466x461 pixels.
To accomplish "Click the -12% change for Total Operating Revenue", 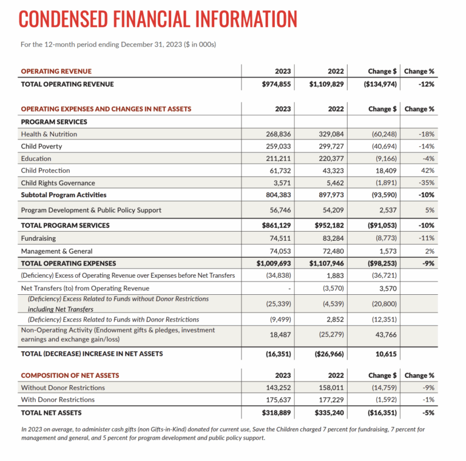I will [426, 84].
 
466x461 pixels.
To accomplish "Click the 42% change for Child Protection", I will [427, 170].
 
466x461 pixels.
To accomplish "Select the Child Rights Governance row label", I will [58, 183].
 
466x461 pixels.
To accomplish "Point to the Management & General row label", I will [56, 251].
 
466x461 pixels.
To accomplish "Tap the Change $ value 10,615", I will [384, 353].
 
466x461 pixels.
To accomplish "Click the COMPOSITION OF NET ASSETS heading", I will [70, 375].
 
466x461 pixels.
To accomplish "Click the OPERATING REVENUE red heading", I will [56, 71].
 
